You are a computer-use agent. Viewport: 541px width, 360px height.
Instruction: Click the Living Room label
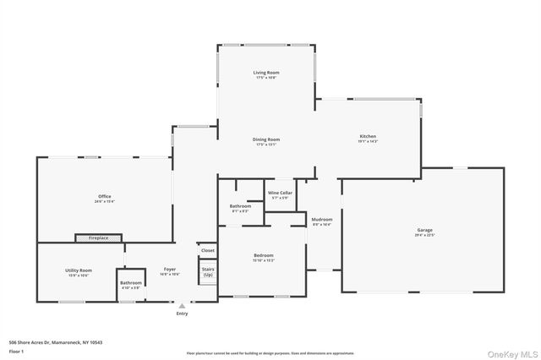266,73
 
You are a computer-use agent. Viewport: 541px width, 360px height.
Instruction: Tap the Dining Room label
266,139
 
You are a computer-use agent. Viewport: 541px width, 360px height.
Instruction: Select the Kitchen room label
368,136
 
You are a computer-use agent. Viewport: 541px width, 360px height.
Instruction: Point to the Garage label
424,230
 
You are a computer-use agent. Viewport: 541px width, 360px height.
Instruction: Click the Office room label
105,197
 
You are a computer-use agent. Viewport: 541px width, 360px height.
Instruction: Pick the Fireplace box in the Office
99,238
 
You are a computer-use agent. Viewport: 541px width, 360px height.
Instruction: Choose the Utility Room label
78,270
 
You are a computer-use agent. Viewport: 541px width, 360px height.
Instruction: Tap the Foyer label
169,270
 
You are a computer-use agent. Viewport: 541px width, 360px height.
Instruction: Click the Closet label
208,250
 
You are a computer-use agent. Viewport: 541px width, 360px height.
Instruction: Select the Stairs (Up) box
208,271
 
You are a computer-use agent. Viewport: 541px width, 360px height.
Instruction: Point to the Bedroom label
264,255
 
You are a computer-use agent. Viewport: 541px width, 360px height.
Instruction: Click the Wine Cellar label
280,194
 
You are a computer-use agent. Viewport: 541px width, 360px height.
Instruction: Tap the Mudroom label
322,220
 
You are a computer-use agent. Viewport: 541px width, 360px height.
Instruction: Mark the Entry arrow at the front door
182,305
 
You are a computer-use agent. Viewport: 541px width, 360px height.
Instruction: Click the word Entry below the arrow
182,314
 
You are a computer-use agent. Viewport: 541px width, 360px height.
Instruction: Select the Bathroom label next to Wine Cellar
240,206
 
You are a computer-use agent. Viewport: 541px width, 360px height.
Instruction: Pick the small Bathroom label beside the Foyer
131,282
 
